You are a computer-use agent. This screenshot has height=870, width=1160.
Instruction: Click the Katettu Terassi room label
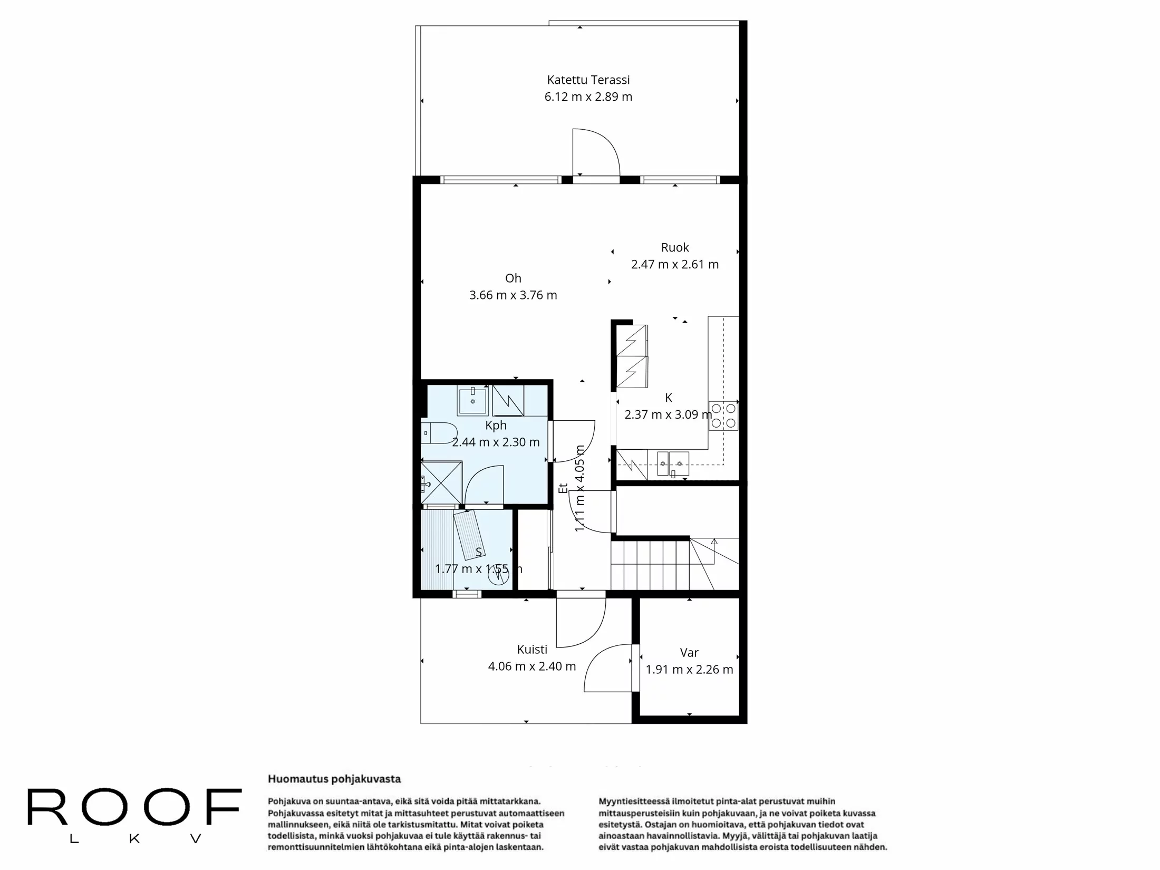point(588,80)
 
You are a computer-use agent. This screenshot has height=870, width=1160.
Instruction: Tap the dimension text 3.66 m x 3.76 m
point(513,295)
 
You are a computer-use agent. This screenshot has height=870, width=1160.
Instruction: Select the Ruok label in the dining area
point(675,247)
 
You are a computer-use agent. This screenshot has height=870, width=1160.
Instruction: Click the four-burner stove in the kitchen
point(723,415)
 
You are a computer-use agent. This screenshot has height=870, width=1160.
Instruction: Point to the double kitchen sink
point(673,464)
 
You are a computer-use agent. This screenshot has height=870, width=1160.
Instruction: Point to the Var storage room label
point(689,653)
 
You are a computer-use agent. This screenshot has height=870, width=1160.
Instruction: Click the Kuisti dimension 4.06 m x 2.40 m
point(531,666)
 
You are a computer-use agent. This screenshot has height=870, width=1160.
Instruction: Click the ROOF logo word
point(134,807)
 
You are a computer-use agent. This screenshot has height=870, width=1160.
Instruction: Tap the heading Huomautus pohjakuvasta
point(334,779)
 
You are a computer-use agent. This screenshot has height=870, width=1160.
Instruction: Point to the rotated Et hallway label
point(563,488)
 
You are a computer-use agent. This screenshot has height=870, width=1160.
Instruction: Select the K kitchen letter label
point(668,398)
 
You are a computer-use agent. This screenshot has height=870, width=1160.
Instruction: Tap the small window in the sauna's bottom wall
point(467,594)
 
